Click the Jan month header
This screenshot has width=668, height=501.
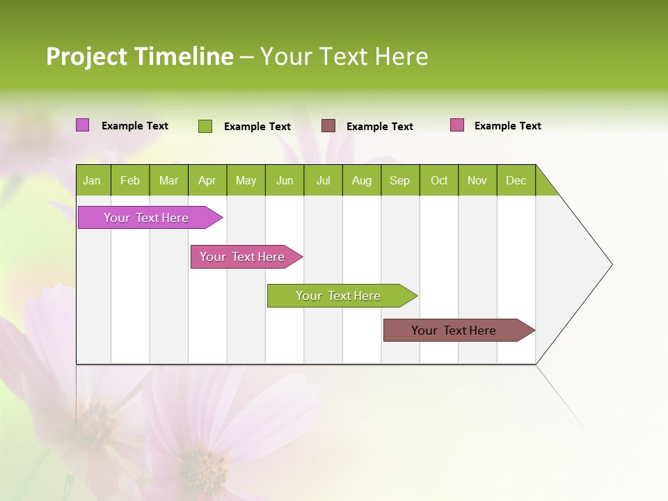93,180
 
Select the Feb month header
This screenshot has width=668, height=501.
130,180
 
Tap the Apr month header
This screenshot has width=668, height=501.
207,180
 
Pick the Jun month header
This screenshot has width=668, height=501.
285,180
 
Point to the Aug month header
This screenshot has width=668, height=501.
362,180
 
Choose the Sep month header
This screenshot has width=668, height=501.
400,180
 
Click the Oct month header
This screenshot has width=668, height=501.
439,180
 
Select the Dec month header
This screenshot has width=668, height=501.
516,180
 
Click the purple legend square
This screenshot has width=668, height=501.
82,125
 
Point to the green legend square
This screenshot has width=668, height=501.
205,126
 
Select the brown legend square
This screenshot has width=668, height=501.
328,126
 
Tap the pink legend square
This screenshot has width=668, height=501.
457,125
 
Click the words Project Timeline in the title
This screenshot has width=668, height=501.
140,56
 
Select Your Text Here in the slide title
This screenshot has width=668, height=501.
344,56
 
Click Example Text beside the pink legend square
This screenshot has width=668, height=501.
507,126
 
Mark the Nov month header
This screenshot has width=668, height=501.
477,180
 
